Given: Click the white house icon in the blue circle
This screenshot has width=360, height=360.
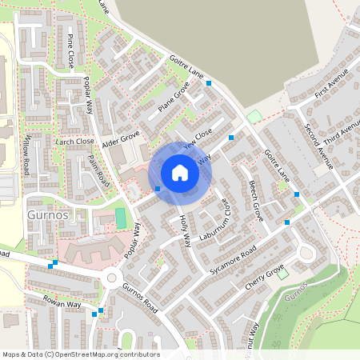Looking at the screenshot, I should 180,173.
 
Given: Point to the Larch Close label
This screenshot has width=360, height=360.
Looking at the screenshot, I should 75,141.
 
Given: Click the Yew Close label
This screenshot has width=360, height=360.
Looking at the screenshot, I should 198,139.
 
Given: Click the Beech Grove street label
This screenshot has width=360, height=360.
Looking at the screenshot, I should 256,200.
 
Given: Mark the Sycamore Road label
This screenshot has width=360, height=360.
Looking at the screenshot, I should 232,259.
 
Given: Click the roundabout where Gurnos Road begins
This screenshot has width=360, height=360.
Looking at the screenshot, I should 112,278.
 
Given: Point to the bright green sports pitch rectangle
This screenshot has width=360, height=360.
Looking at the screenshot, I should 121,218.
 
